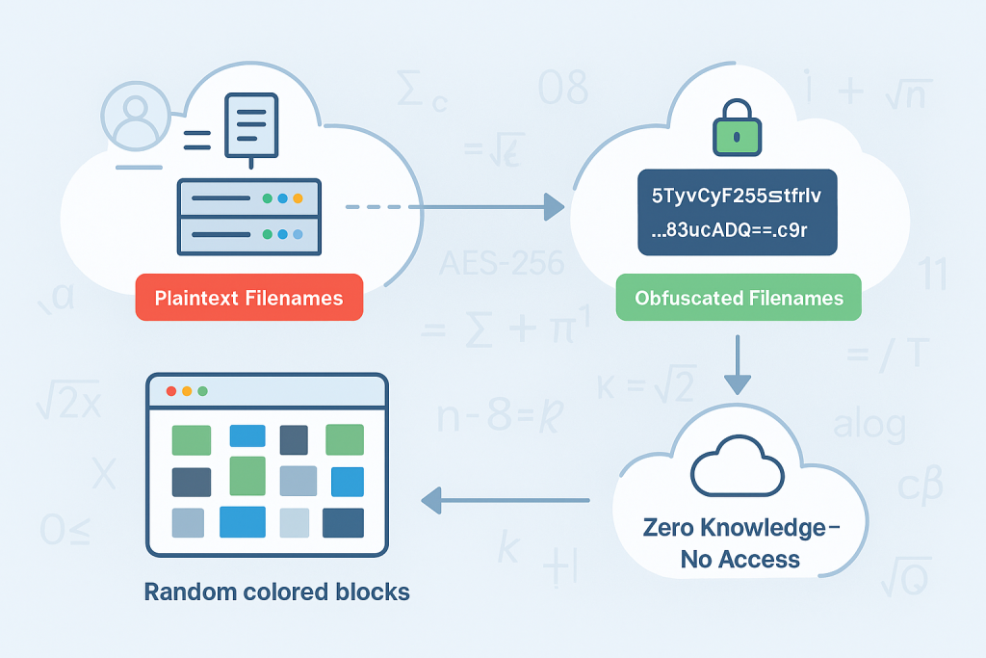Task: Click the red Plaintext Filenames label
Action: (x=249, y=298)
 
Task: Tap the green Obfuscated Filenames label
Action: (x=738, y=298)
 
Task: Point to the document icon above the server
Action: (x=250, y=125)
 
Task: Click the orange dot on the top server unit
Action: (x=298, y=198)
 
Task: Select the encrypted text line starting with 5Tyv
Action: (x=737, y=197)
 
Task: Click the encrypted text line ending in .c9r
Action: (x=737, y=231)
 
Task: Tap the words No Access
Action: (x=739, y=559)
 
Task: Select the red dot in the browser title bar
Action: (x=171, y=391)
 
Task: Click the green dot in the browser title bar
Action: (x=202, y=391)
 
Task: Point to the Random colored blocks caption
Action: (x=277, y=592)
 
